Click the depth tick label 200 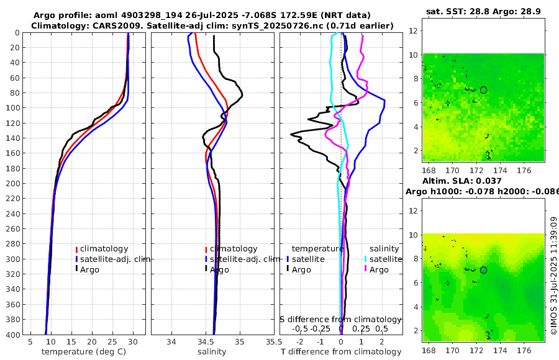tap(11, 183)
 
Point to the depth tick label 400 tap(11, 335)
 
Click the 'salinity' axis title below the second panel tap(212, 352)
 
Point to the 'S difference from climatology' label tap(340, 319)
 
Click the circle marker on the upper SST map tap(483, 90)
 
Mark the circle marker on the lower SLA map tap(483, 270)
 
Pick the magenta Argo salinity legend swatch tap(366, 269)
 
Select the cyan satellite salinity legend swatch tap(366, 259)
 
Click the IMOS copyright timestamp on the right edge tap(553, 276)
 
